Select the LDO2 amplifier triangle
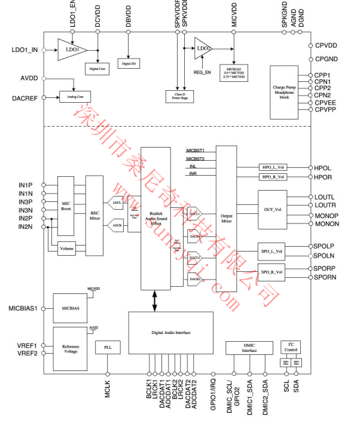(202, 48)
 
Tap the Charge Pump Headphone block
(284, 91)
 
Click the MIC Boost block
(66, 206)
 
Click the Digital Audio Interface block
(170, 333)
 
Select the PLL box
(108, 347)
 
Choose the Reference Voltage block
(70, 347)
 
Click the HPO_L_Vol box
(273, 168)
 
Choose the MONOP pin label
(327, 215)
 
